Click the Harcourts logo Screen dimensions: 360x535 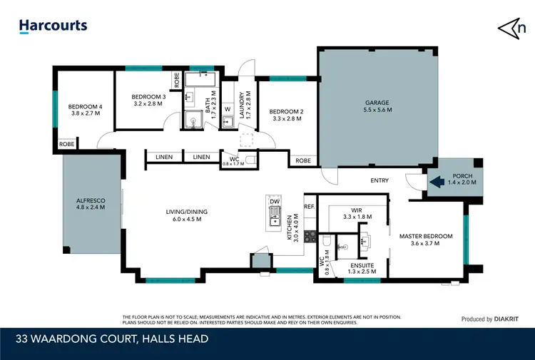(53, 26)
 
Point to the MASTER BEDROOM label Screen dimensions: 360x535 (426, 236)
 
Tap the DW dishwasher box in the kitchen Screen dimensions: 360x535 (274, 202)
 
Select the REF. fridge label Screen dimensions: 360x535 (309, 206)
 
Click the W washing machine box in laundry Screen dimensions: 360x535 (227, 109)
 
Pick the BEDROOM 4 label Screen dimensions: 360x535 (85, 107)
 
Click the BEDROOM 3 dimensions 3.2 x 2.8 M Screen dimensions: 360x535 (148, 104)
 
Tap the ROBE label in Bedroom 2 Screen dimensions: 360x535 (302, 160)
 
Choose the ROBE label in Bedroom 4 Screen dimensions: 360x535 (66, 144)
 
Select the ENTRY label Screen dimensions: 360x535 (379, 180)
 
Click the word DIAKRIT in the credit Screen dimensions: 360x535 (508, 319)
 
